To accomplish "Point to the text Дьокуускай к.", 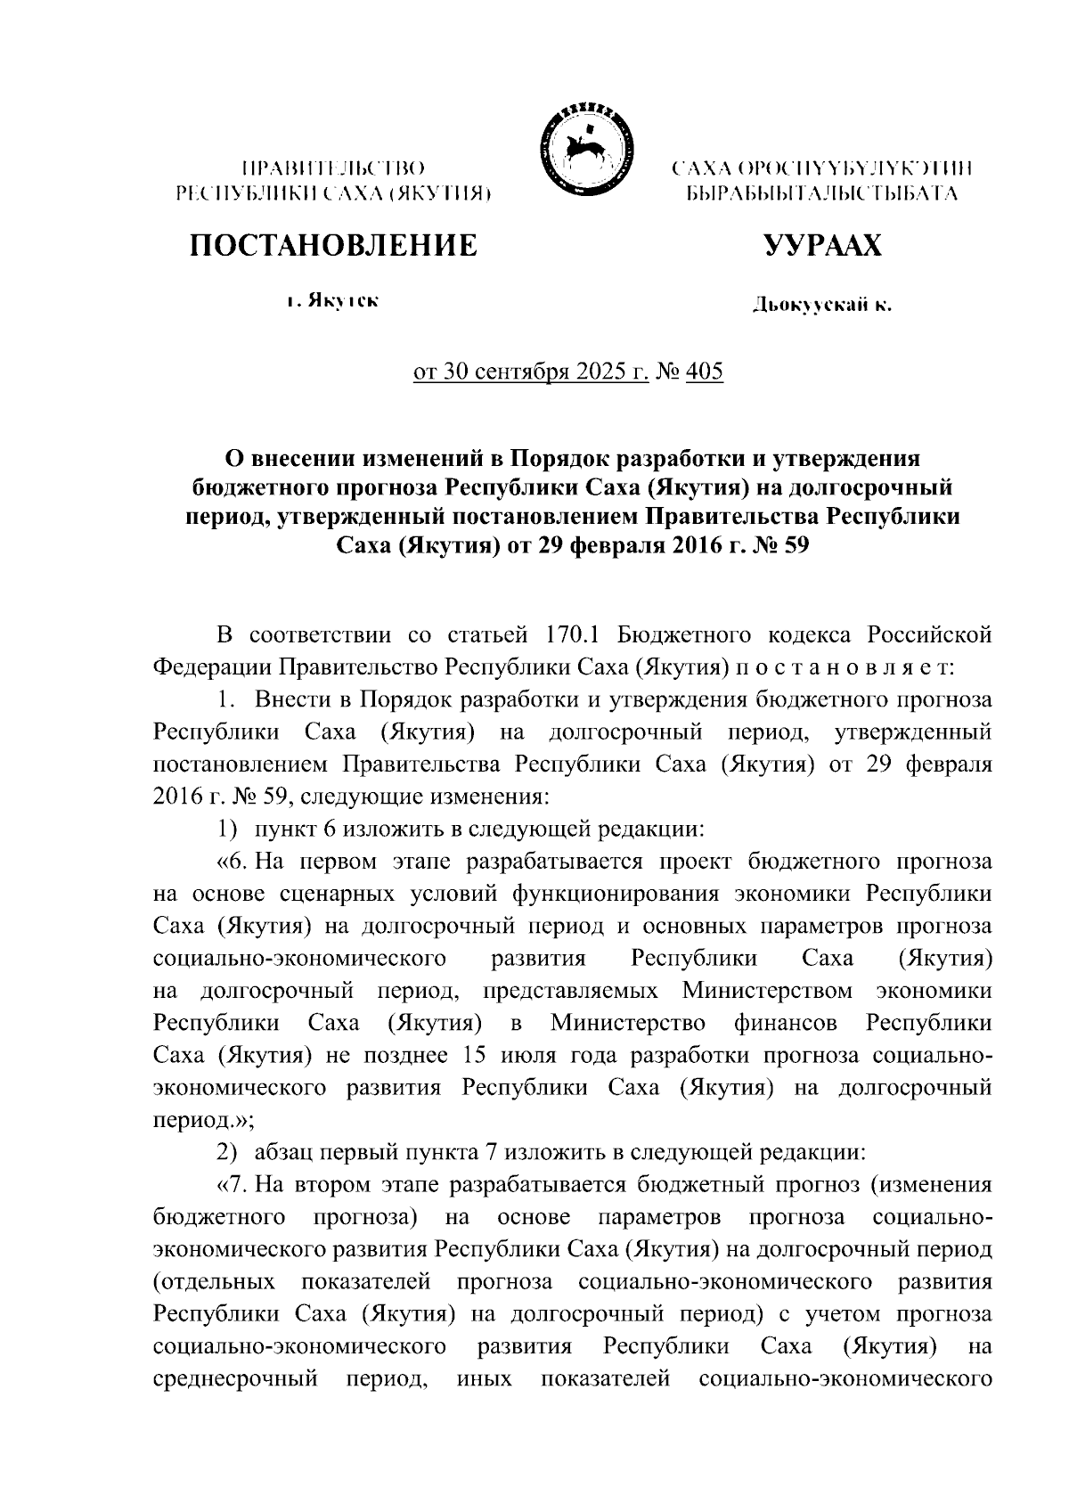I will point(821,306).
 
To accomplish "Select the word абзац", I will point(283,1152).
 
